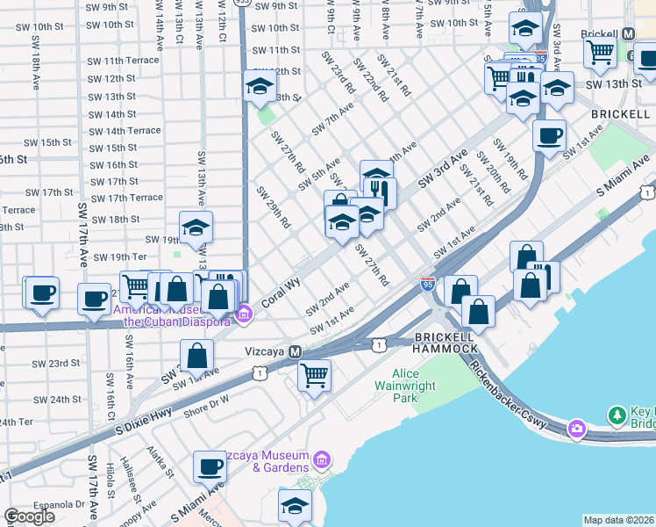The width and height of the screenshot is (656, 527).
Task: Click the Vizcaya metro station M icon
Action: (296, 351)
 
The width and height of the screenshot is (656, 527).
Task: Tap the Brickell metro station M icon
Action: (628, 34)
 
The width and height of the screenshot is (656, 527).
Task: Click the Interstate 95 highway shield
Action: (428, 284)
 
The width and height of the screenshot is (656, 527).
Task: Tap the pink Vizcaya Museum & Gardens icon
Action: (322, 459)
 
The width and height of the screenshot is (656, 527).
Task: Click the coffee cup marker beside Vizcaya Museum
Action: (210, 466)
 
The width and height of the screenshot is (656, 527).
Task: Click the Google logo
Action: (29, 516)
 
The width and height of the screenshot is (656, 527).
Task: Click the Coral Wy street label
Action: (280, 286)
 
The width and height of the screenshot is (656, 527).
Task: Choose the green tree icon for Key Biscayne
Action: (617, 414)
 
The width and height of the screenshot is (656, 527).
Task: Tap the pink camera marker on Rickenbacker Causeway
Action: (576, 429)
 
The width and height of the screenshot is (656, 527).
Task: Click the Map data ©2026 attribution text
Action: (618, 520)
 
